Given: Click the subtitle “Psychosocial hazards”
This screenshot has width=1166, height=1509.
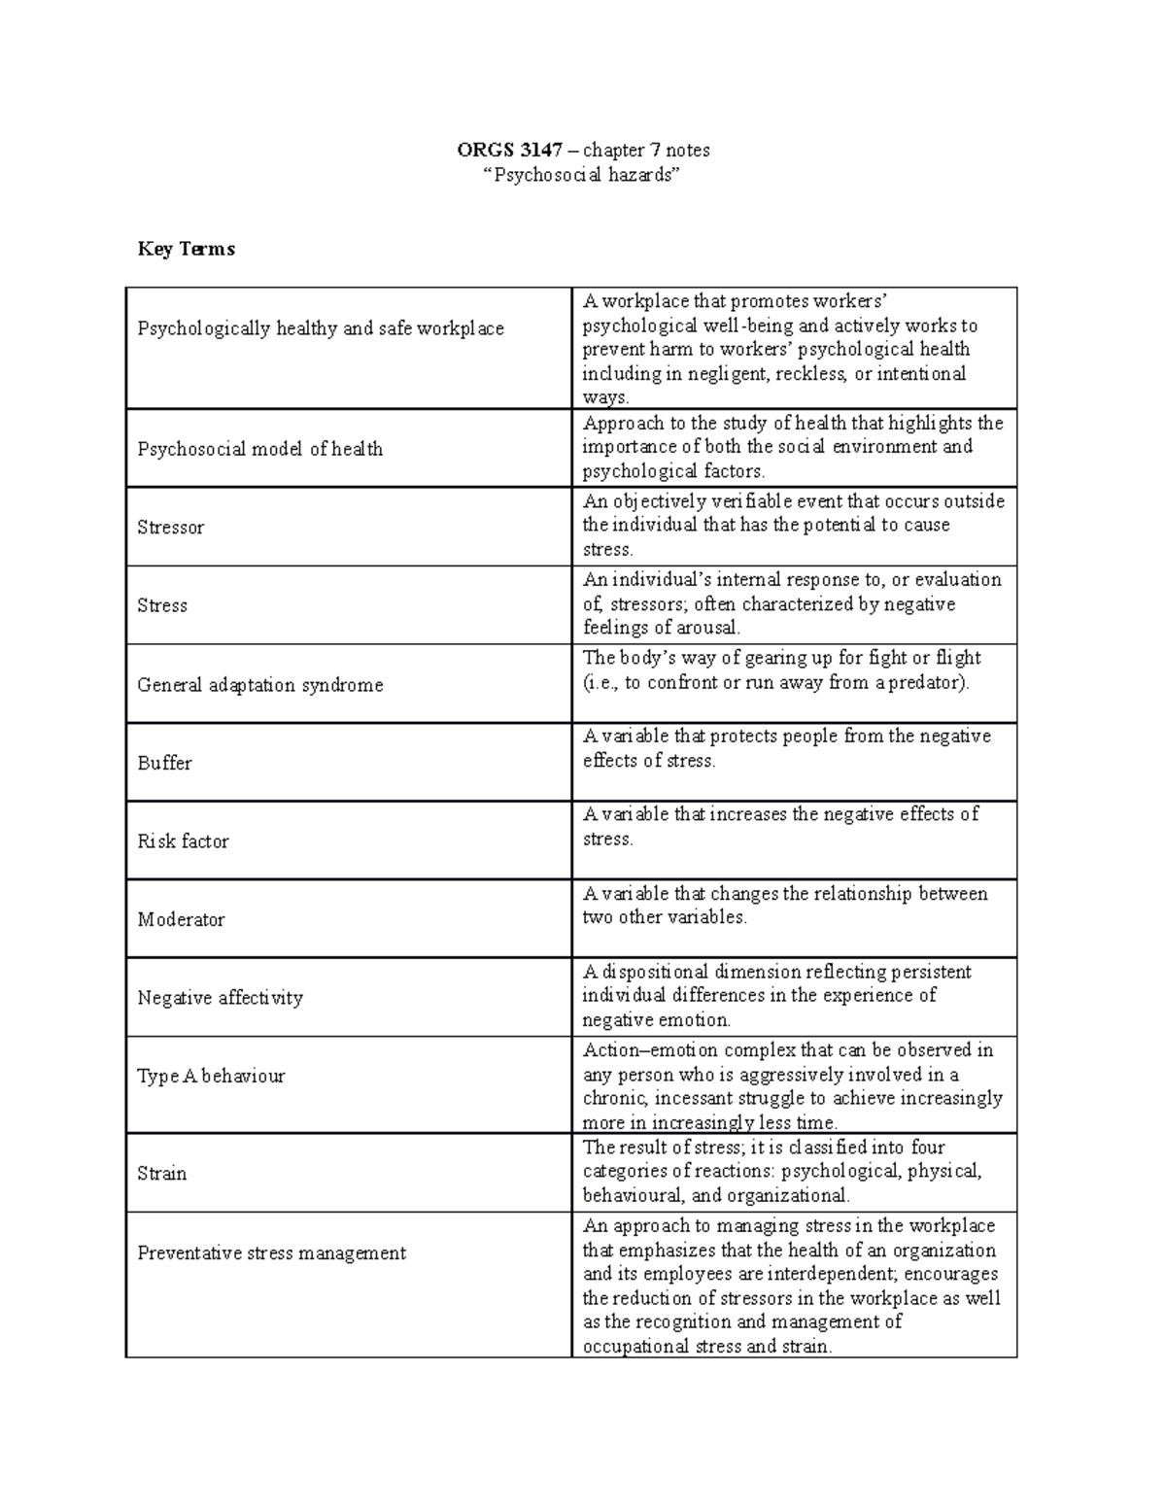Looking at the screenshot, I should click(583, 176).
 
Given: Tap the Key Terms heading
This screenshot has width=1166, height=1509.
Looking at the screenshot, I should click(186, 249).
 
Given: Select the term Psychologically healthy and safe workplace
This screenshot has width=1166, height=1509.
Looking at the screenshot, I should click(321, 328).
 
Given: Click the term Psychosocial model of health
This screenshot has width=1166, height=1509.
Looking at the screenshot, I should click(259, 449).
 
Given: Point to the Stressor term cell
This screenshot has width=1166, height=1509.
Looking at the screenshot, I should click(171, 528).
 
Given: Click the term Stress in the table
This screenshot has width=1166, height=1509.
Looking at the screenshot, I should click(162, 605).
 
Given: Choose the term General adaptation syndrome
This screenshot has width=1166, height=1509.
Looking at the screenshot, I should click(259, 685).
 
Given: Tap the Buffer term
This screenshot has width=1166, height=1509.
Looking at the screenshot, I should click(164, 763).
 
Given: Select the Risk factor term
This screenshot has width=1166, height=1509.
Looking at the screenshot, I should click(183, 841).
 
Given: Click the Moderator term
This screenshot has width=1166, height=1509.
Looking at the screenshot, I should click(181, 919).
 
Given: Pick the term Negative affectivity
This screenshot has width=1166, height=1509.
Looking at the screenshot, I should click(220, 998).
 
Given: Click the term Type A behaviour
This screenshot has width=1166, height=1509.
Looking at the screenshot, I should click(211, 1076).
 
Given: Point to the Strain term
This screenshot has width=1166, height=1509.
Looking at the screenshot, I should click(161, 1174).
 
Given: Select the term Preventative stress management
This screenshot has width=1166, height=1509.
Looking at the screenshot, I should click(271, 1253).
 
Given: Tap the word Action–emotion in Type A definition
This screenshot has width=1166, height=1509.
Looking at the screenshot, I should click(636, 1050).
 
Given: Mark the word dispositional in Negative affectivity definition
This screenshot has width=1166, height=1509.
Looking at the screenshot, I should click(656, 972).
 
